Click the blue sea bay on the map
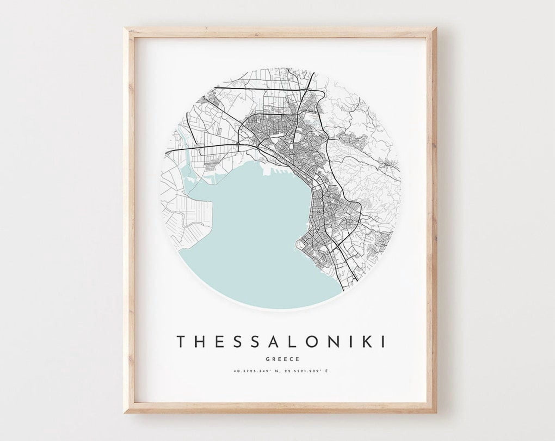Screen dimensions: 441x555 [245, 231]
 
